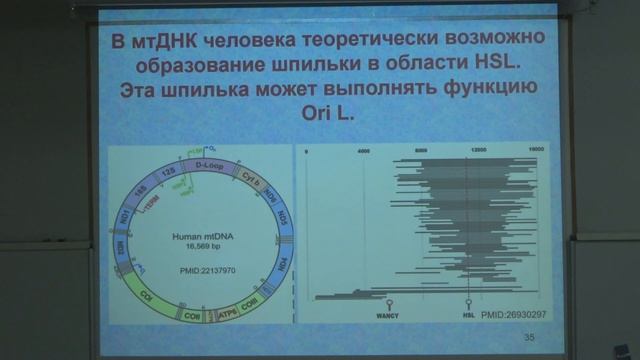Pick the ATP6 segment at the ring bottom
[227, 299]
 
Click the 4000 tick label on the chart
[363, 150]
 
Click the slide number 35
[529, 338]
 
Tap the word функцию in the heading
[482, 89]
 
